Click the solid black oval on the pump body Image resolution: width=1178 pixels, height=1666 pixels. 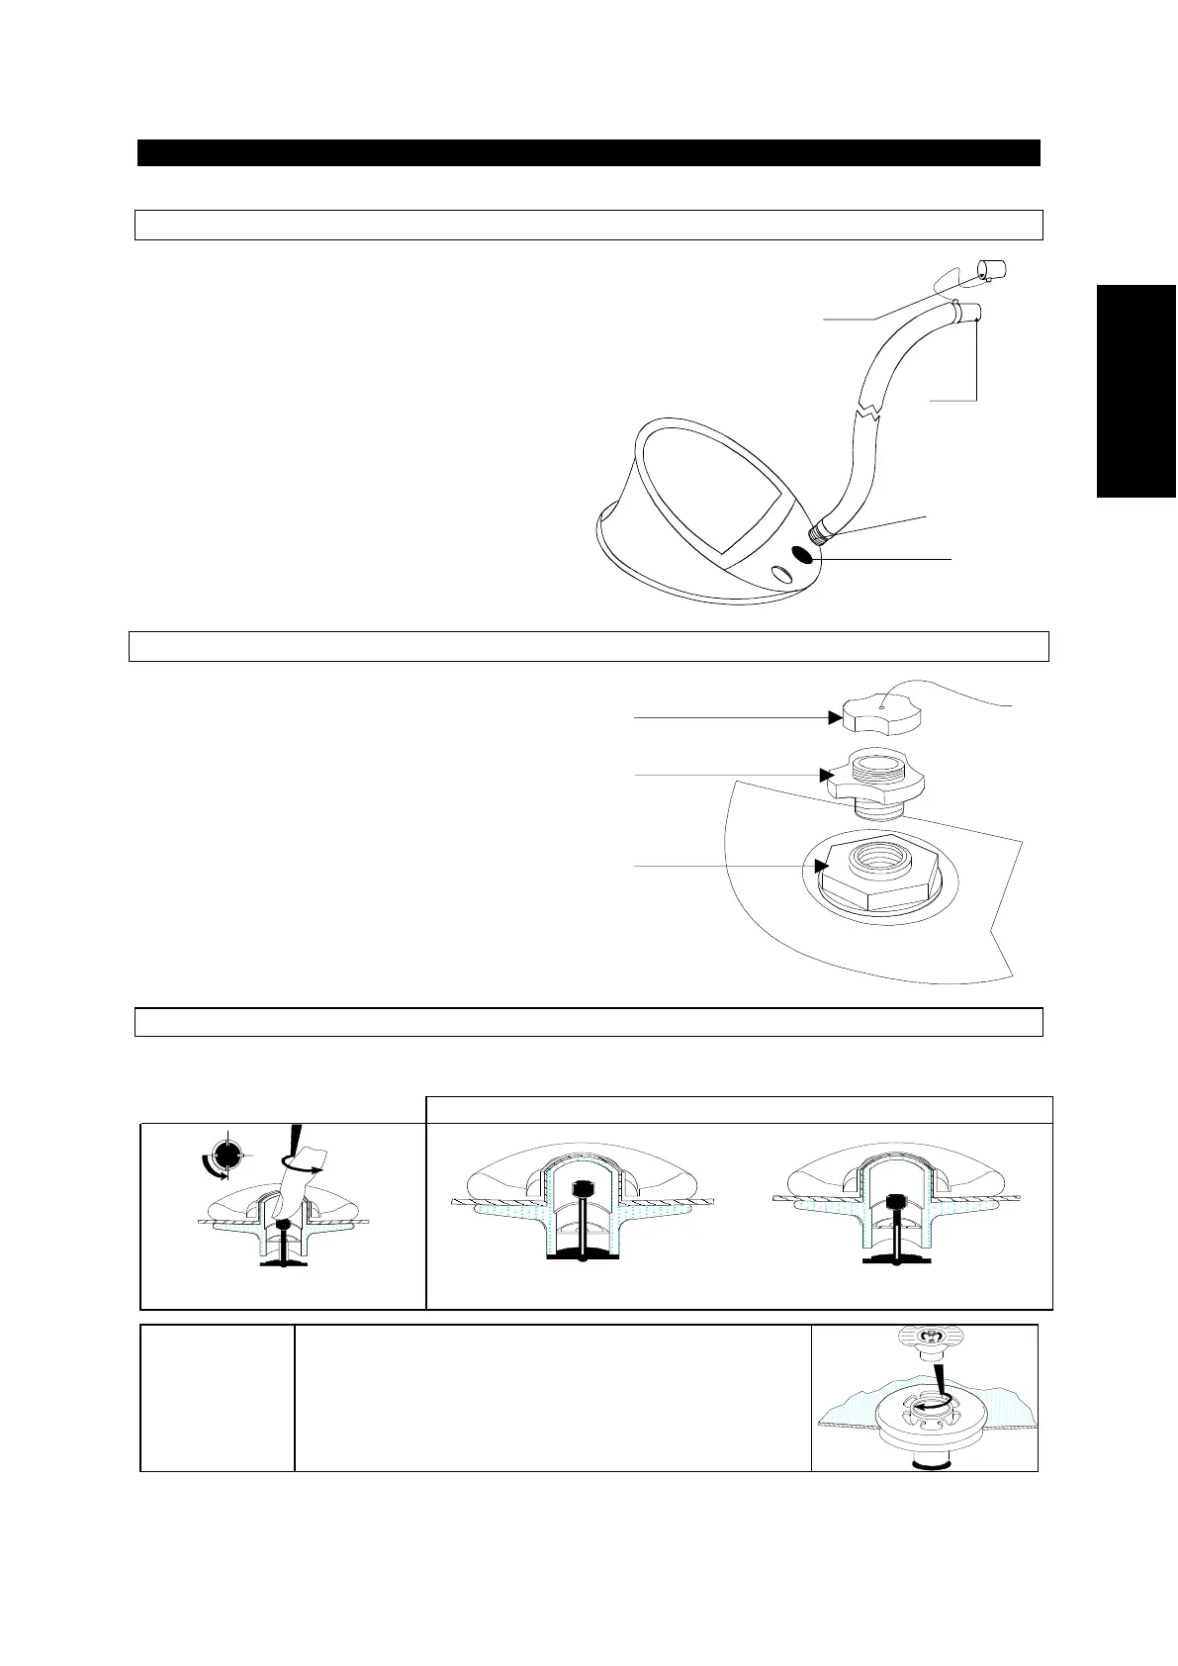click(802, 557)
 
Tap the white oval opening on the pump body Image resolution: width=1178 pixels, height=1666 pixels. click(780, 574)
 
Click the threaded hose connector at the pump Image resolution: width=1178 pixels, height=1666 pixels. click(820, 534)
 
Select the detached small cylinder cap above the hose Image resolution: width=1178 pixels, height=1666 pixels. click(990, 269)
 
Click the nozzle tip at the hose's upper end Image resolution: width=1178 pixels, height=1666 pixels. click(972, 315)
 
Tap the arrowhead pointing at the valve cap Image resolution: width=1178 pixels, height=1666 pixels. click(834, 718)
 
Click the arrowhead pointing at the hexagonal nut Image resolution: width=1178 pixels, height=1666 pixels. click(821, 867)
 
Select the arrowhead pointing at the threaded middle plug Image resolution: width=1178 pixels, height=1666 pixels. click(824, 774)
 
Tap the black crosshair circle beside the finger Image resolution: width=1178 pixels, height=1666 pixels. click(228, 1154)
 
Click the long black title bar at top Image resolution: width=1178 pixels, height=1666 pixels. click(589, 152)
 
